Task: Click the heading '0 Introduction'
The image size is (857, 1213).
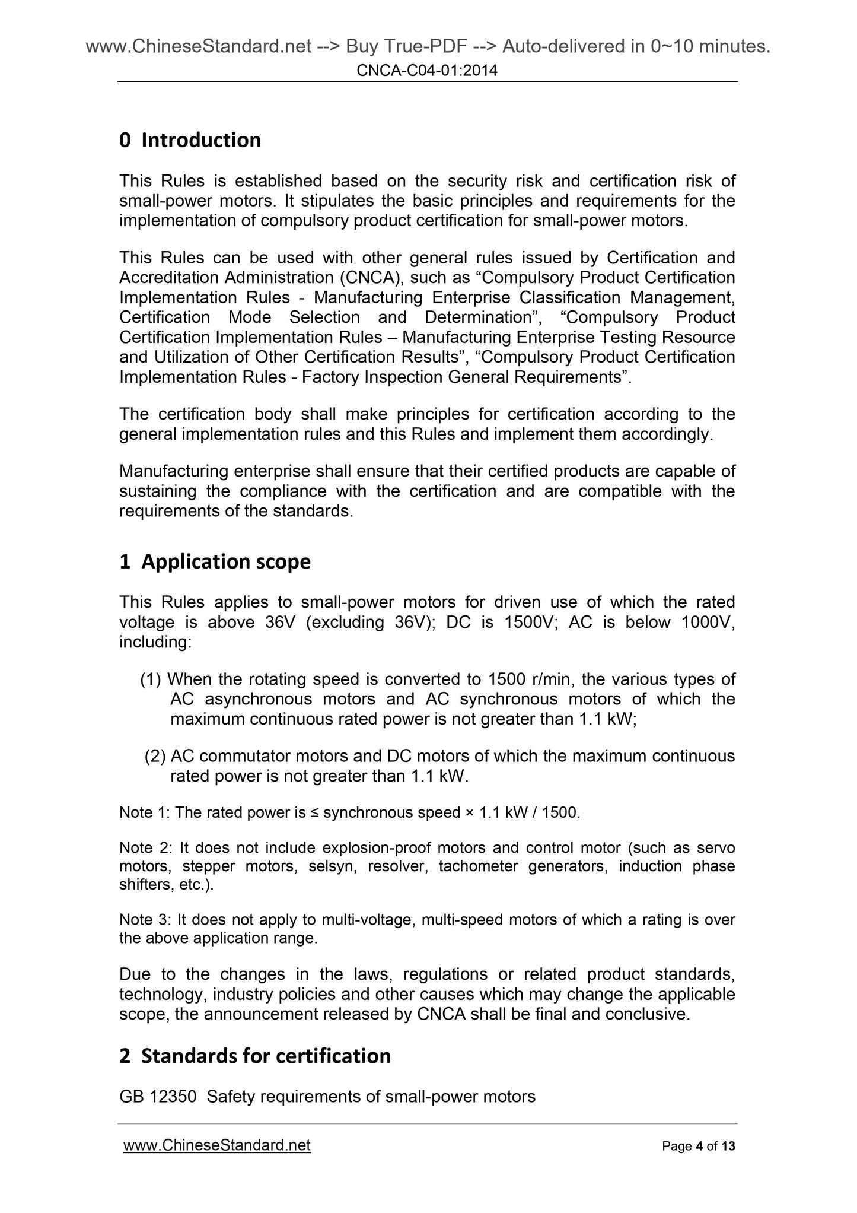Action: click(x=190, y=140)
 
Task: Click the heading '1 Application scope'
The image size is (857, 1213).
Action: click(x=215, y=561)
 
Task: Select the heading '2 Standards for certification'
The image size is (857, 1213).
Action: click(x=255, y=1056)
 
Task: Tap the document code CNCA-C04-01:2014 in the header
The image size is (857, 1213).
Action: click(x=427, y=71)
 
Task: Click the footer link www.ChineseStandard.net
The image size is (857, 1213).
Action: click(x=216, y=1145)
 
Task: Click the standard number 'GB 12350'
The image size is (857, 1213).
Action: click(x=157, y=1097)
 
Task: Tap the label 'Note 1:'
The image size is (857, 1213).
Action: click(x=145, y=812)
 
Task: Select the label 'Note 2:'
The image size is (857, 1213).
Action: click(x=145, y=847)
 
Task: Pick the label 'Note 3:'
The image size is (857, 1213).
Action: click(x=145, y=920)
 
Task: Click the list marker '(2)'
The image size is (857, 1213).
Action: click(x=155, y=756)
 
